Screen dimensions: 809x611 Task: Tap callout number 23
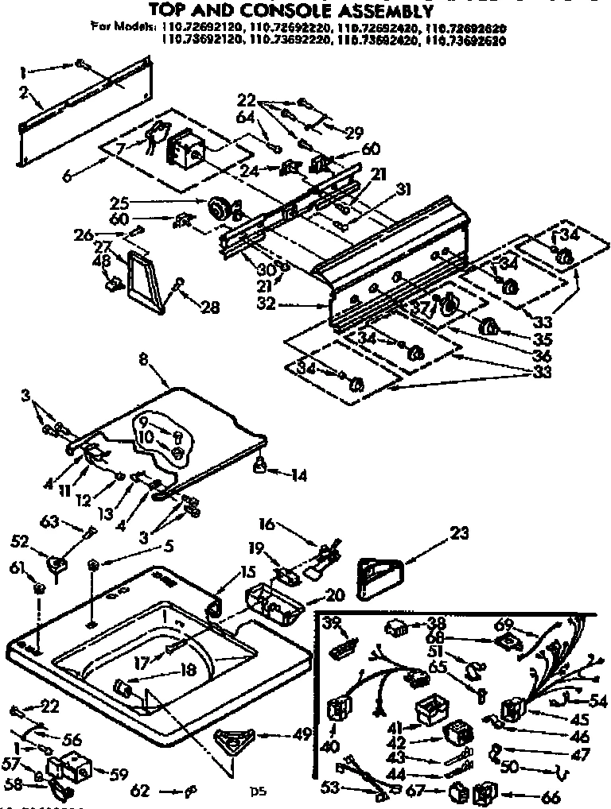[460, 533]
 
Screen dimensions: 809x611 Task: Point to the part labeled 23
[378, 574]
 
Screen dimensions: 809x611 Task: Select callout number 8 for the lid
[143, 358]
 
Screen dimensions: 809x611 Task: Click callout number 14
[299, 476]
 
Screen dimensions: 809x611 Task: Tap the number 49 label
[302, 735]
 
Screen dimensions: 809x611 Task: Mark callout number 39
[331, 621]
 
